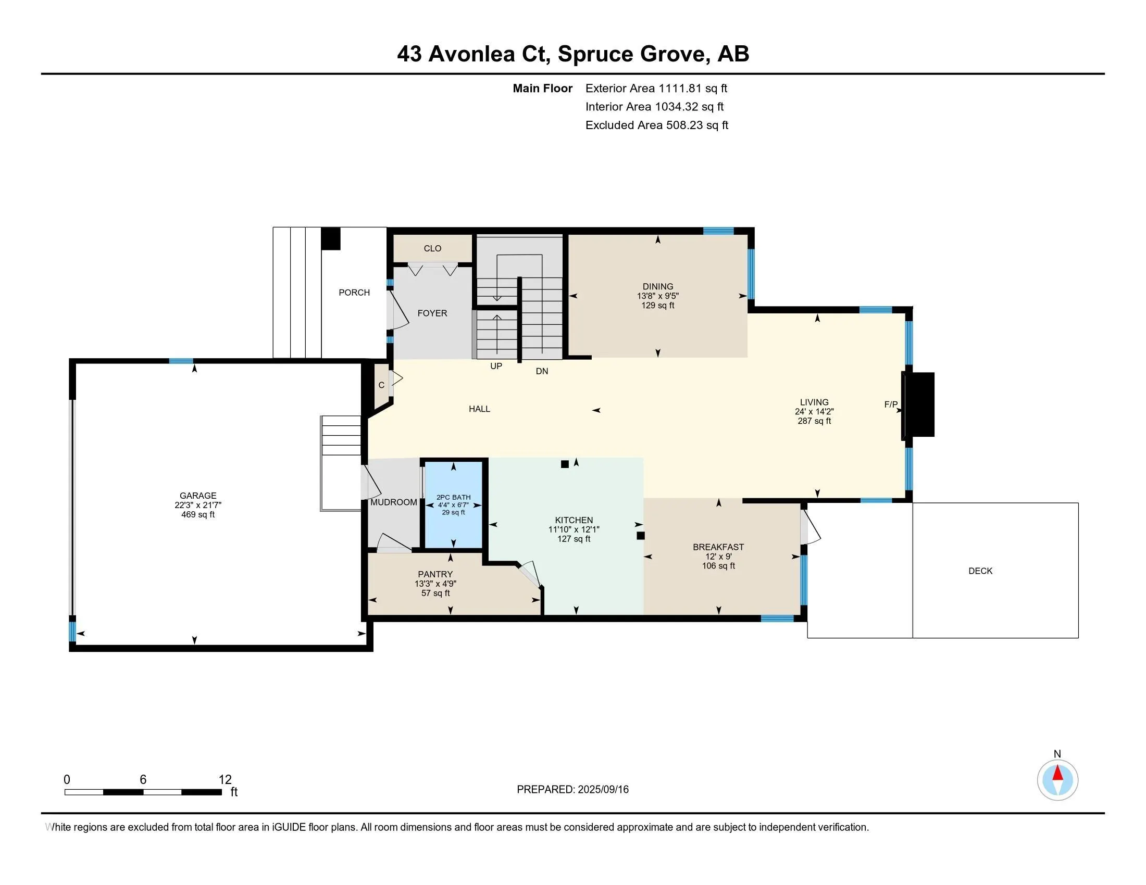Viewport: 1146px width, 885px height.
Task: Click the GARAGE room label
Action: pyautogui.click(x=198, y=496)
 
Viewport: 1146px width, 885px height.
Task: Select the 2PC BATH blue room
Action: pyautogui.click(x=453, y=504)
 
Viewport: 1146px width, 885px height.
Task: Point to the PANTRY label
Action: pyautogui.click(x=435, y=574)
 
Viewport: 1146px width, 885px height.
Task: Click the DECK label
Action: pyautogui.click(x=980, y=571)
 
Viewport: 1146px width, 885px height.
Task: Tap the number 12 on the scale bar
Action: pyautogui.click(x=225, y=780)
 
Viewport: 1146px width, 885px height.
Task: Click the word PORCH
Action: pyautogui.click(x=354, y=293)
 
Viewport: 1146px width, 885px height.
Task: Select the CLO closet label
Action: pyautogui.click(x=432, y=248)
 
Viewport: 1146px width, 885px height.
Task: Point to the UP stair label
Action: pyautogui.click(x=496, y=366)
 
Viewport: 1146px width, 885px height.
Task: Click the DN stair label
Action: pyautogui.click(x=542, y=371)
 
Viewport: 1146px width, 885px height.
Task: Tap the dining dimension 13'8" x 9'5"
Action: pyautogui.click(x=658, y=296)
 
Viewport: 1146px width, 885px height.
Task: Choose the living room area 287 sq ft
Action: pyautogui.click(x=814, y=421)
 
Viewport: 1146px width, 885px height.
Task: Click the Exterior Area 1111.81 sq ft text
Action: pyautogui.click(x=656, y=88)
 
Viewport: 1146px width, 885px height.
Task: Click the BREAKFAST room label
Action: pyautogui.click(x=718, y=547)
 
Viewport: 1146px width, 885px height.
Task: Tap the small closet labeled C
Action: pyautogui.click(x=381, y=385)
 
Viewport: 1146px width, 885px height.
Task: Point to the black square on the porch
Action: pyautogui.click(x=331, y=238)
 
